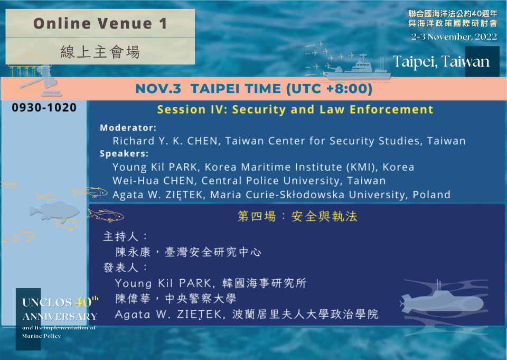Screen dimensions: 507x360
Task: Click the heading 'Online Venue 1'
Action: [x=100, y=23]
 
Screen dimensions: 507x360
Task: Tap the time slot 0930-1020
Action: [x=44, y=107]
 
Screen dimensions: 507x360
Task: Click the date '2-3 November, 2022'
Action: [x=454, y=37]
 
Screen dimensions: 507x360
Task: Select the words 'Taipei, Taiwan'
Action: [x=441, y=61]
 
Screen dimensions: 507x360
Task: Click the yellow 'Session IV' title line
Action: [x=295, y=109]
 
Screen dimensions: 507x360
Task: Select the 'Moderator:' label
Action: [x=128, y=128]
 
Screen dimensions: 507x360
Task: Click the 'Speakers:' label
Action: [x=124, y=153]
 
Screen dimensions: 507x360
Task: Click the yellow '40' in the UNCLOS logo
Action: [x=83, y=302]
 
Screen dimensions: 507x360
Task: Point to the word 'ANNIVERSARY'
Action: [x=60, y=316]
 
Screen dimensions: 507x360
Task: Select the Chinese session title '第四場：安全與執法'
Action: [x=297, y=216]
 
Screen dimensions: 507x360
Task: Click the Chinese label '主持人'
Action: [x=120, y=236]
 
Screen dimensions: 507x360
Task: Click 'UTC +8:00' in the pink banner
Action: [x=330, y=88]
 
